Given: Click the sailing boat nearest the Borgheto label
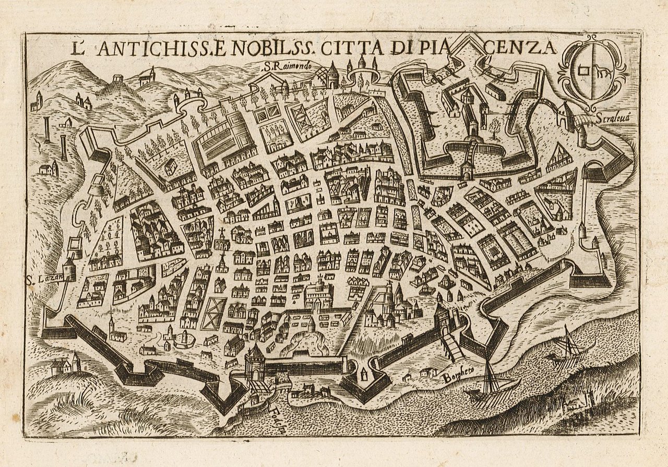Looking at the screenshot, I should point(491,384).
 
